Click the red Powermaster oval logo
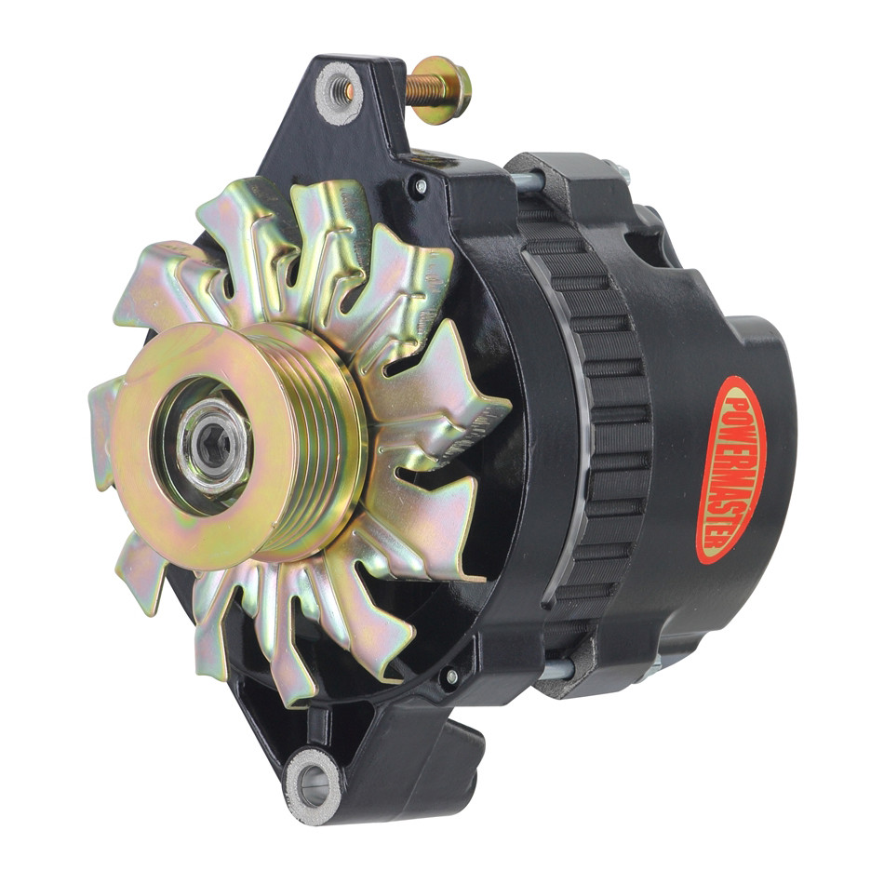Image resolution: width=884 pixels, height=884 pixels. pos(730,469)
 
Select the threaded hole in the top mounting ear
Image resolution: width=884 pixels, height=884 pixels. pos(339,91)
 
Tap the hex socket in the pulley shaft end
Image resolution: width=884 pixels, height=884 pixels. pos(213,443)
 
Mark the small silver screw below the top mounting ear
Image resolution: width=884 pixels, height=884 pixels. pos(422,187)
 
